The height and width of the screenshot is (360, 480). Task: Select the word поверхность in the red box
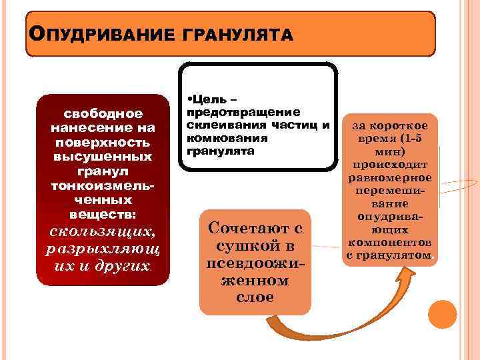coord(102,142)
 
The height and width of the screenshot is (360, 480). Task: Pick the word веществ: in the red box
coord(102,215)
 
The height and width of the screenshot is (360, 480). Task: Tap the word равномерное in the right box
coord(389,178)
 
